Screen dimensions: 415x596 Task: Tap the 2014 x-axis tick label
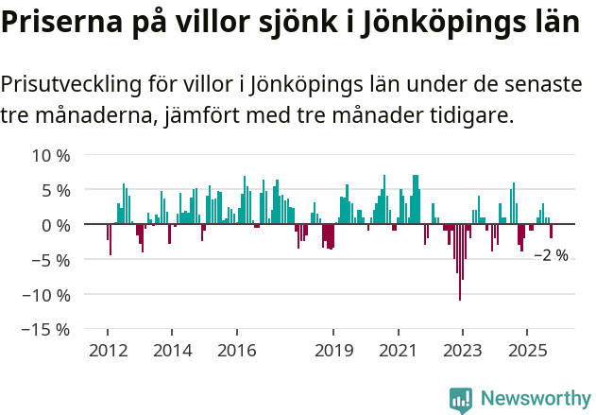pos(172,351)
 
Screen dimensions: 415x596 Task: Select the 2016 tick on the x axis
pos(236,351)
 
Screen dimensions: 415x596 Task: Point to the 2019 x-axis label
pos(332,351)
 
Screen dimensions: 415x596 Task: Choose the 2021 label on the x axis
pos(398,351)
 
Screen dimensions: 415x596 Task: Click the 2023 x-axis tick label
pos(462,351)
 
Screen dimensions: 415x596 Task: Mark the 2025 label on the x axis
pos(526,351)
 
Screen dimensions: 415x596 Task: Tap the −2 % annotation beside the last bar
pos(551,255)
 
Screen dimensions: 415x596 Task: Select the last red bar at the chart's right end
pos(551,232)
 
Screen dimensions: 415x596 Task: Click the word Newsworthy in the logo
pos(536,399)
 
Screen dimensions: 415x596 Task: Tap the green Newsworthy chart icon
pos(461,399)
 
